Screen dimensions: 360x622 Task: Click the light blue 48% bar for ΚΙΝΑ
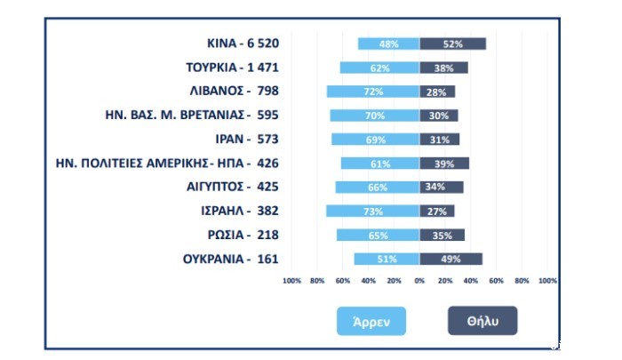coord(388,44)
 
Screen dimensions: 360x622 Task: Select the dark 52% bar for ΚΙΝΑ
coord(452,44)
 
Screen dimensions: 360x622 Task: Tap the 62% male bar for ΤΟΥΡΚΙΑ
coord(379,68)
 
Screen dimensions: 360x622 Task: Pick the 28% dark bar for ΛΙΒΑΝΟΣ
coord(437,92)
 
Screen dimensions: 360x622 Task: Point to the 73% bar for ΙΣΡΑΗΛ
coord(372,211)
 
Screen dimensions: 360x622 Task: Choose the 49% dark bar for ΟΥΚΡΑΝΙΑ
coord(451,259)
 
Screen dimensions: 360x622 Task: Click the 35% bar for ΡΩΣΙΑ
coord(442,235)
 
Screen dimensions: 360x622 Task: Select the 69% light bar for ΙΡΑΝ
coord(375,140)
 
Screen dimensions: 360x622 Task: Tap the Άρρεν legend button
coord(371,320)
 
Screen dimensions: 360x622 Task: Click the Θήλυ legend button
coord(482,320)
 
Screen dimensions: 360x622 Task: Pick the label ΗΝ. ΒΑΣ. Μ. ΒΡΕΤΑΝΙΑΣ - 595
coord(192,115)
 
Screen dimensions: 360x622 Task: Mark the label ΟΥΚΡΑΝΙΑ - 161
coord(230,259)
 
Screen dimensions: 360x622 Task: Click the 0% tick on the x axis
coord(419,280)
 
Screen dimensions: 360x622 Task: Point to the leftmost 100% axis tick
coord(291,280)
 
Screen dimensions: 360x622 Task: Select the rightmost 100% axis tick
coord(547,280)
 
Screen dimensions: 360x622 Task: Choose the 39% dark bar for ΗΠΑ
coord(444,164)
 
